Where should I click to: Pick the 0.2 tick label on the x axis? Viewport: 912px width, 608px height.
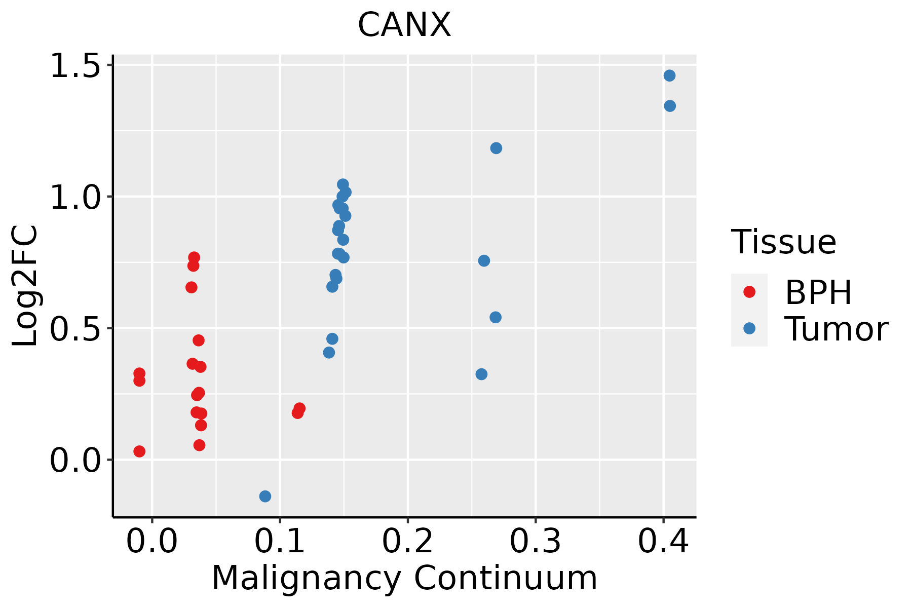pos(407,542)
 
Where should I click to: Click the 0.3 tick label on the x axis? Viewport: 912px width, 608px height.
pos(535,542)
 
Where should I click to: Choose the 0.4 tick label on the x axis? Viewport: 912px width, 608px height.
pos(663,542)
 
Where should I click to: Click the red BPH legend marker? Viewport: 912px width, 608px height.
pos(749,292)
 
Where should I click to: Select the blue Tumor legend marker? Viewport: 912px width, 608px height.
pos(749,328)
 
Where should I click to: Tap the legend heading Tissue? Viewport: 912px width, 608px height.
pos(783,242)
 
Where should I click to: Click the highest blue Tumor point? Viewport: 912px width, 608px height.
pos(669,75)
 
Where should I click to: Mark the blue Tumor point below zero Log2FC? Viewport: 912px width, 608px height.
pos(265,496)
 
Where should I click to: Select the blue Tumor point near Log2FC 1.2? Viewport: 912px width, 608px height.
pos(496,148)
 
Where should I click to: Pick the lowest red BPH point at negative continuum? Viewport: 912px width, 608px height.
pos(139,451)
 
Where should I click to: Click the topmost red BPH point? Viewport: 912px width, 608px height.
pos(194,257)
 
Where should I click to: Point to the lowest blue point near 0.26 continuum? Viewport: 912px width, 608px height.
pos(481,374)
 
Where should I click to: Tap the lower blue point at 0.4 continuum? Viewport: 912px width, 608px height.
pos(670,106)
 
